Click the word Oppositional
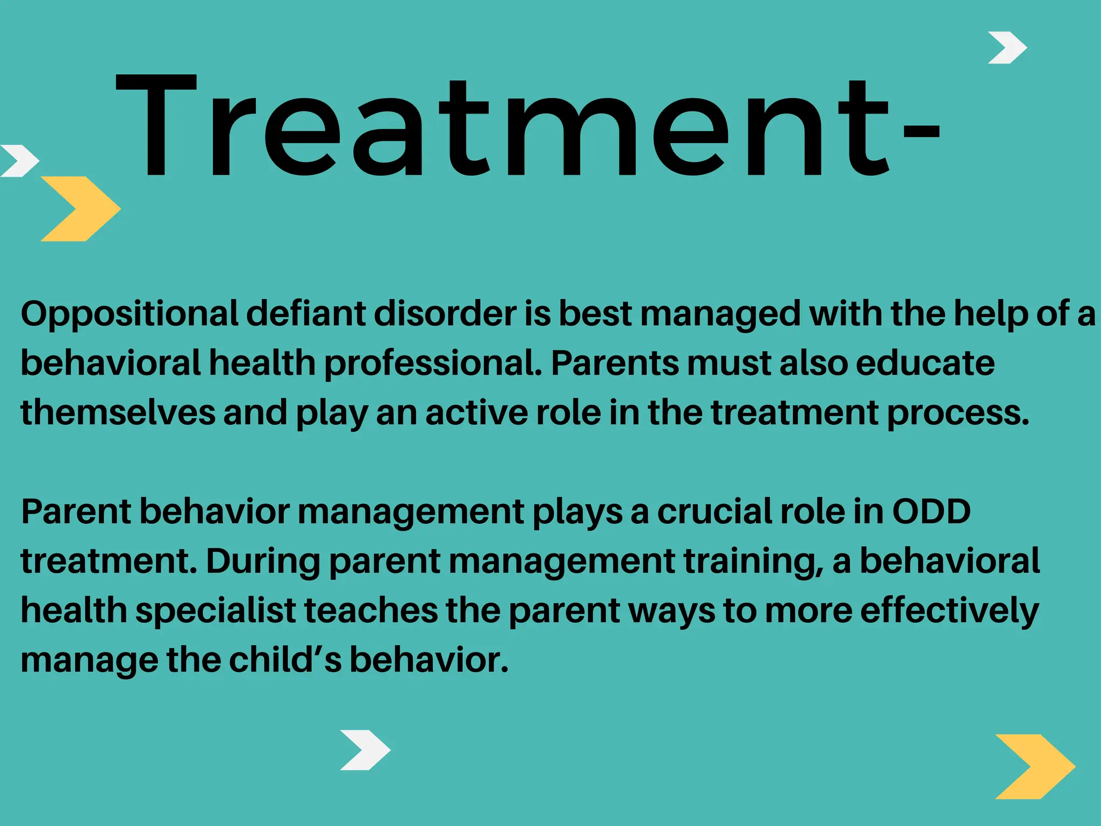(129, 314)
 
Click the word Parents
(615, 363)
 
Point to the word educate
(925, 363)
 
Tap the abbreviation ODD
(931, 511)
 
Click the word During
(263, 561)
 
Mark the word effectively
(949, 611)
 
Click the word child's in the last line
(285, 660)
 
